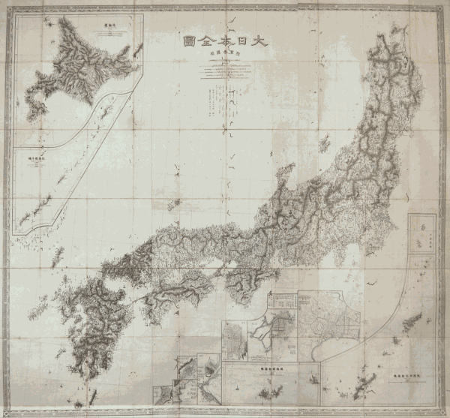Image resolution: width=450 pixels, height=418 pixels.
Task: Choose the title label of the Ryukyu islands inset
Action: [x=405, y=374]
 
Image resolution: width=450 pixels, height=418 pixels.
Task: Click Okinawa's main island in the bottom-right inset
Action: [x=410, y=324]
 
